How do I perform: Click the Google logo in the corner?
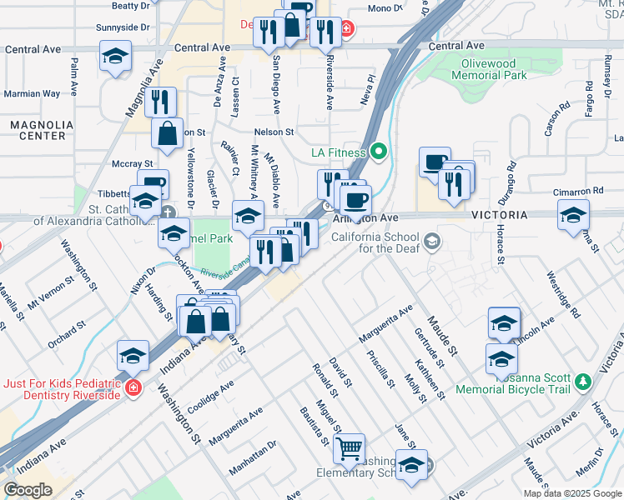28,490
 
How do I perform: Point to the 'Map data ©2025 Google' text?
572,493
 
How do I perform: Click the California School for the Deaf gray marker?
431,242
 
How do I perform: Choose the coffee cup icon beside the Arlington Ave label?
355,200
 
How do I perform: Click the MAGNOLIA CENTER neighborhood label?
38,129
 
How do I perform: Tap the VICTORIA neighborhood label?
501,215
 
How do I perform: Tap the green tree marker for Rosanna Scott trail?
583,382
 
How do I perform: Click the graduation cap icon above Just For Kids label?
133,356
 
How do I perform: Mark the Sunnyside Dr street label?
123,27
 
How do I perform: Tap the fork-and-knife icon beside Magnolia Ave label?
160,102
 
